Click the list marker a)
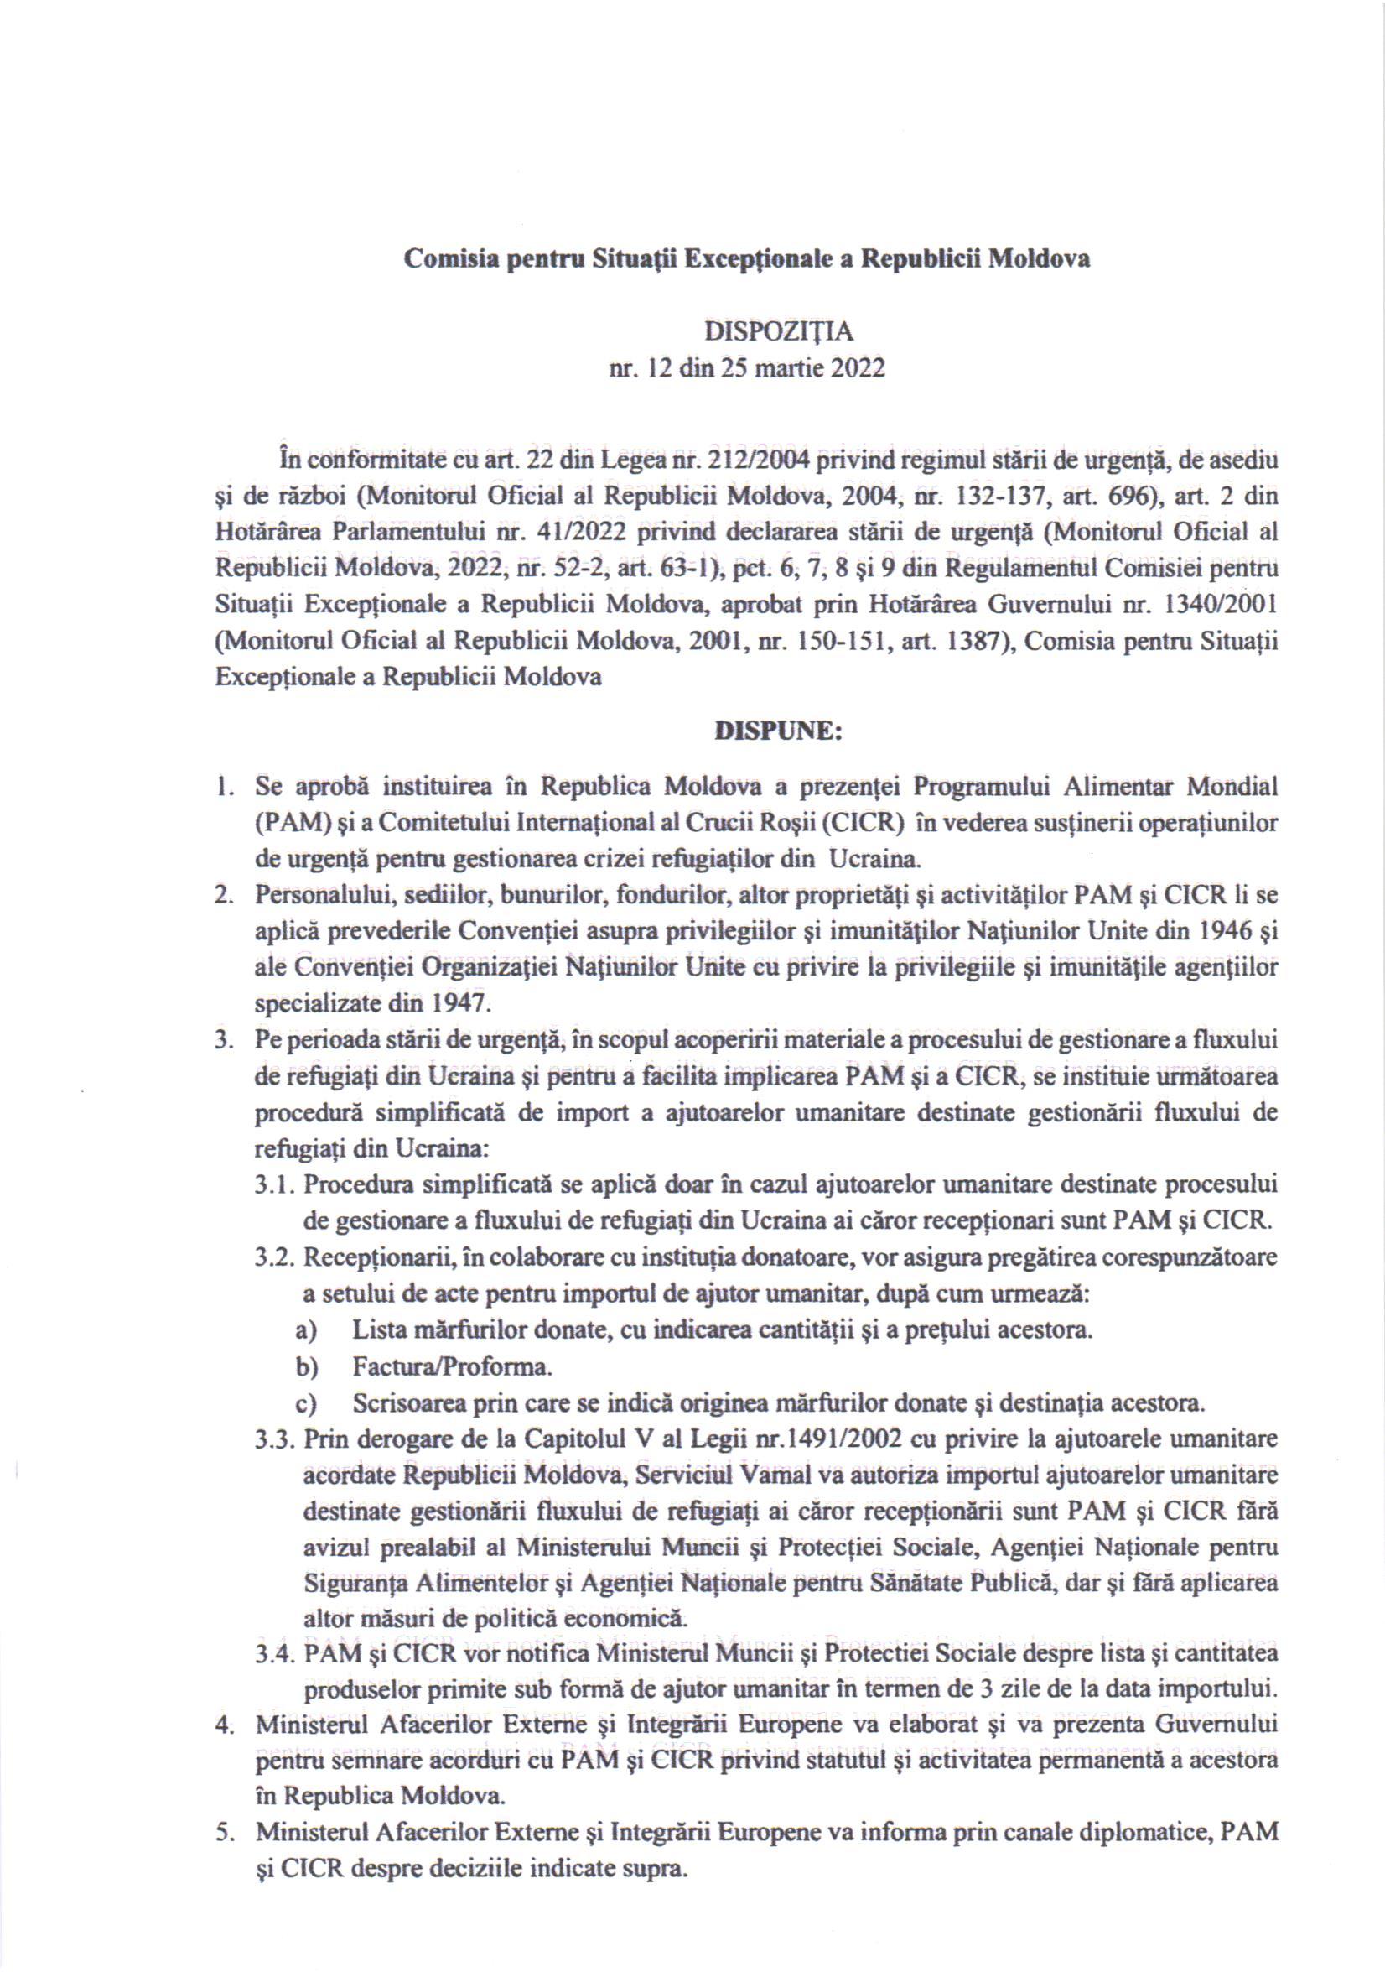307,1330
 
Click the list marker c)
307,1402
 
